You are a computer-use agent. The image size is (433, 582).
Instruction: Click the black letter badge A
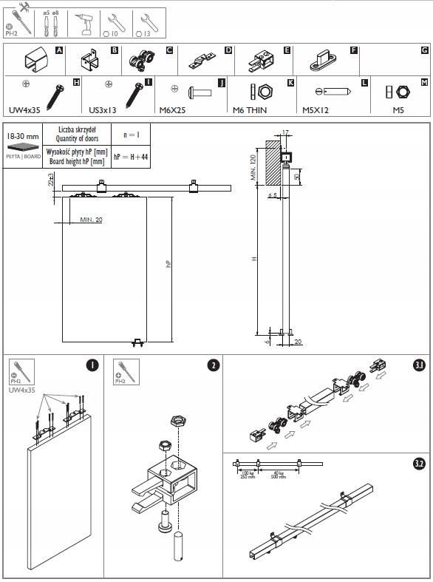tap(59, 50)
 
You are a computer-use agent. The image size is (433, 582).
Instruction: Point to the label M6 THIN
tap(249, 110)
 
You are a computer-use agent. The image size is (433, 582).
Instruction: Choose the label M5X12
tap(316, 110)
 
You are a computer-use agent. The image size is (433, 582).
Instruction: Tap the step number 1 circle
tap(92, 365)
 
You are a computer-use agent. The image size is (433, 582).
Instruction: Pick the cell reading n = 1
tap(131, 135)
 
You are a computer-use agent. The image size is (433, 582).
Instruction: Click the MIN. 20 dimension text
tap(92, 220)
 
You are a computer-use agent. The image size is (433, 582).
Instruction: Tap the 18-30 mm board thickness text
tap(22, 137)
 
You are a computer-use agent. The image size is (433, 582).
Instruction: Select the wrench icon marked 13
tap(147, 24)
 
